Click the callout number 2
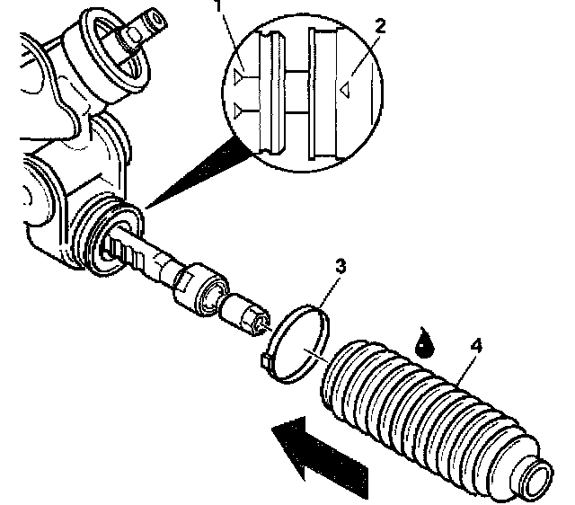point(381,26)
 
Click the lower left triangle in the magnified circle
point(237,110)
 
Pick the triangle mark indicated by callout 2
point(343,89)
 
